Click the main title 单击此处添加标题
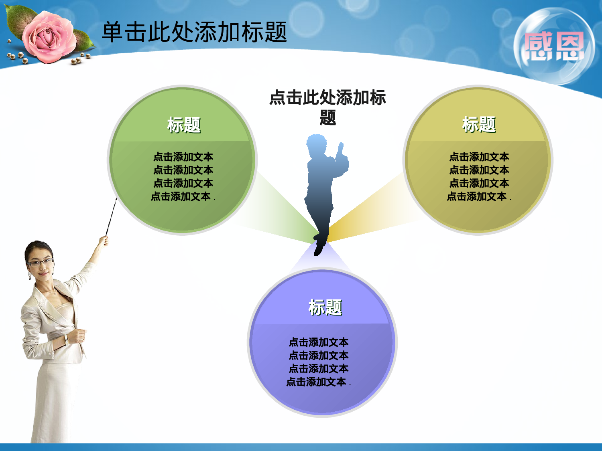click(x=194, y=32)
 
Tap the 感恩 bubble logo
click(x=554, y=47)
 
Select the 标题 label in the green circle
click(x=184, y=125)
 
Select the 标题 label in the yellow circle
click(x=479, y=124)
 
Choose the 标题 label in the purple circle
click(x=325, y=307)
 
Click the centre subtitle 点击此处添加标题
click(x=327, y=107)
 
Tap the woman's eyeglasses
click(x=40, y=263)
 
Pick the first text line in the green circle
click(x=183, y=157)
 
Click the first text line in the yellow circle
click(x=479, y=157)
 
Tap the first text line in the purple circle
click(x=319, y=342)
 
